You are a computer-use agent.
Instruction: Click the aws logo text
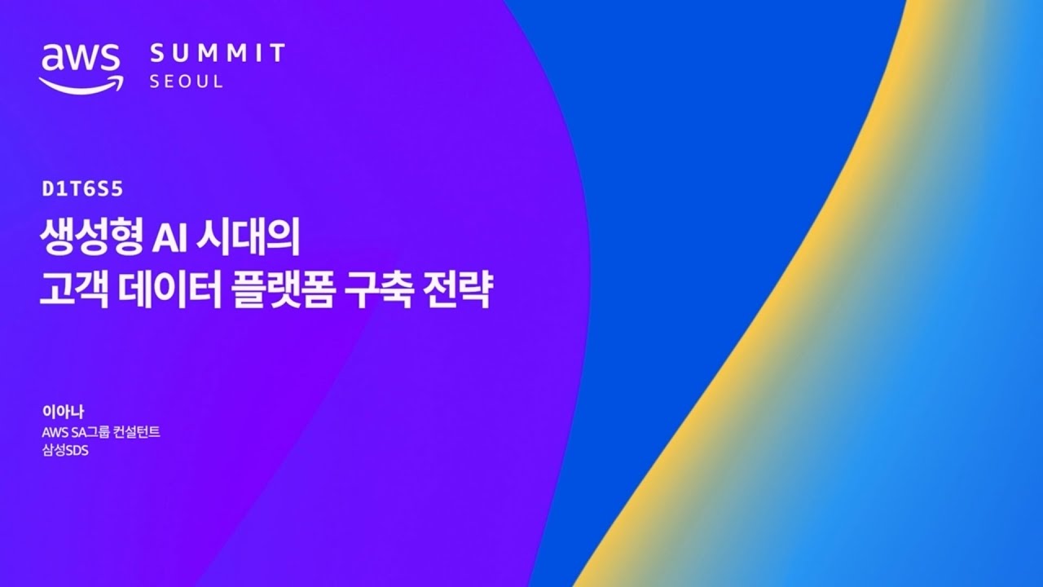coord(80,57)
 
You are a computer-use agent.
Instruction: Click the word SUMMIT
coord(218,53)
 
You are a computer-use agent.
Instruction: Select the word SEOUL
coord(186,82)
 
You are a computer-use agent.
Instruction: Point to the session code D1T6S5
coord(82,188)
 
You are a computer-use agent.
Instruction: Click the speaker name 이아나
coord(63,412)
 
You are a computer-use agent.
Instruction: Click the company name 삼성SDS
coord(65,451)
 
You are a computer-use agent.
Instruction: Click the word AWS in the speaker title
coord(55,432)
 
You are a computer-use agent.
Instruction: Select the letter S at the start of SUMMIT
coord(157,53)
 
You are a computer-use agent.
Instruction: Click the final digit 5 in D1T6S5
coord(117,188)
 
